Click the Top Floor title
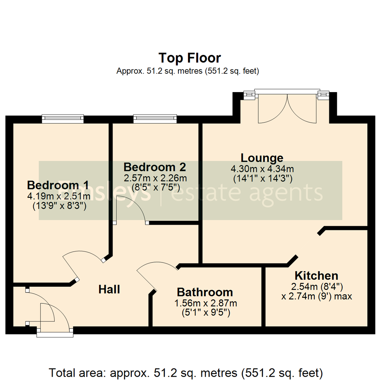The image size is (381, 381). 189,58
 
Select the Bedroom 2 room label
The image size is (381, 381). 155,166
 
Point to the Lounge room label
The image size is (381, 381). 262,157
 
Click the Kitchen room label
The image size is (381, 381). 316,275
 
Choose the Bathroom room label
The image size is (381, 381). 205,292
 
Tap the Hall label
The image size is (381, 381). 109,289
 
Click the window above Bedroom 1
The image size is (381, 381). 62,119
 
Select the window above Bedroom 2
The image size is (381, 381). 155,119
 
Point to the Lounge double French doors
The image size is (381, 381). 287,108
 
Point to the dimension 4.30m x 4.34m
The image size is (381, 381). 262,169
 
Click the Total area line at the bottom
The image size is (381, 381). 186,372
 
